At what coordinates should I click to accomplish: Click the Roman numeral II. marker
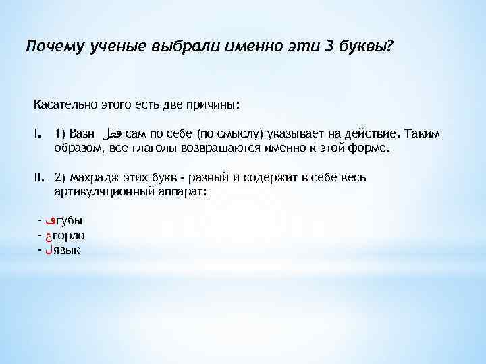pyautogui.click(x=40, y=177)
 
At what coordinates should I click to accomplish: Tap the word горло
pyautogui.click(x=69, y=235)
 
